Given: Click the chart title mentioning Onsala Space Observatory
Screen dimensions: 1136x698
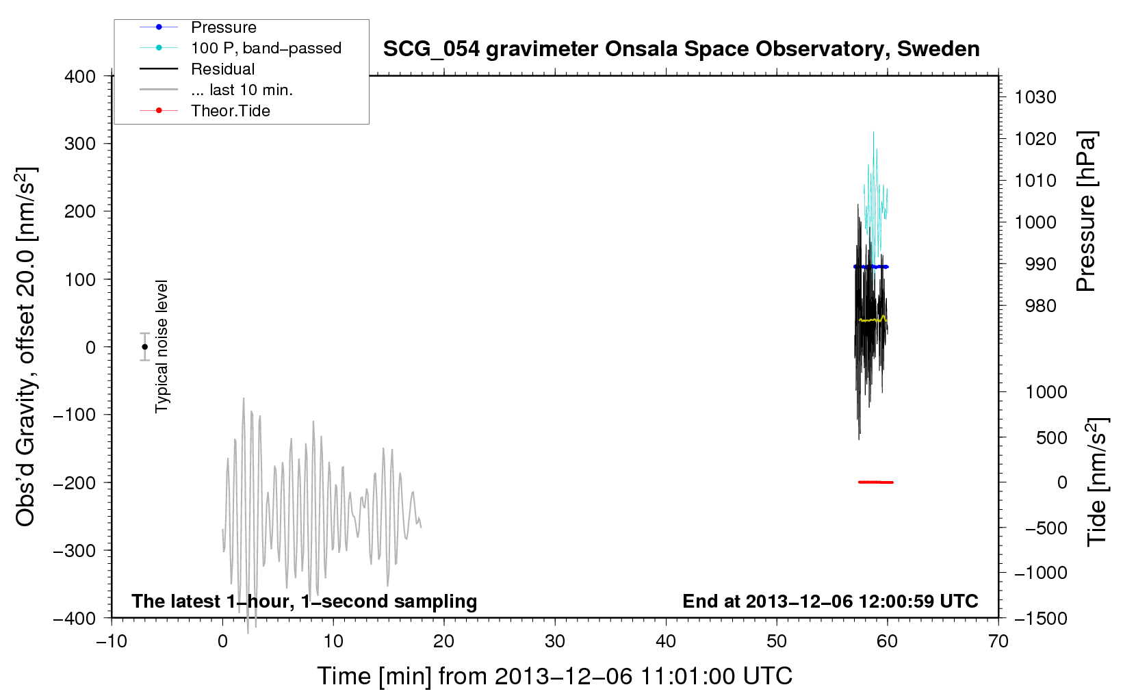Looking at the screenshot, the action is pyautogui.click(x=681, y=49).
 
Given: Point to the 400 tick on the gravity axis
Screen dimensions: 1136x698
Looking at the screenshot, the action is pyautogui.click(x=80, y=77).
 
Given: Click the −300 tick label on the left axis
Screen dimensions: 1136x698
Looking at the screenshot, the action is pyautogui.click(x=75, y=550).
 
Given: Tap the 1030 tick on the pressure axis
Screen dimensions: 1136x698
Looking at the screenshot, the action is pyautogui.click(x=1035, y=97).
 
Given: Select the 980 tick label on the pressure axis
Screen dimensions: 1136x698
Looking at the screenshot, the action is pyautogui.click(x=1040, y=306).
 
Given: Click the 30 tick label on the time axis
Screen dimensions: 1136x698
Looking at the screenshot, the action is pyautogui.click(x=555, y=642).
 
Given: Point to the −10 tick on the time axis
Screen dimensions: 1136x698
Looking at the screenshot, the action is pyautogui.click(x=112, y=642).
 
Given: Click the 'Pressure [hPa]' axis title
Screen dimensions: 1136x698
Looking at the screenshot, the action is pyautogui.click(x=1086, y=211).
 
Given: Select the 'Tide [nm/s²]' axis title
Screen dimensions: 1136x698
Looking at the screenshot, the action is pyautogui.click(x=1097, y=482).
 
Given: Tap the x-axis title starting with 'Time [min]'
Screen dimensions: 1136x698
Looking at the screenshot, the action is pyautogui.click(x=554, y=676).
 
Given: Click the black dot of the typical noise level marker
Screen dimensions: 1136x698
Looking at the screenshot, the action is pyautogui.click(x=144, y=347).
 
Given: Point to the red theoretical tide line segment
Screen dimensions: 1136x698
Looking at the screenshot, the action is pyautogui.click(x=876, y=482).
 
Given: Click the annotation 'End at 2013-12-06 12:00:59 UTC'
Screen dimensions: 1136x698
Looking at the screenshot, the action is pyautogui.click(x=830, y=601).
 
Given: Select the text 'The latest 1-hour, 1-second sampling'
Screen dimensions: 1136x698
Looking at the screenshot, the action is pyautogui.click(x=305, y=602).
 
